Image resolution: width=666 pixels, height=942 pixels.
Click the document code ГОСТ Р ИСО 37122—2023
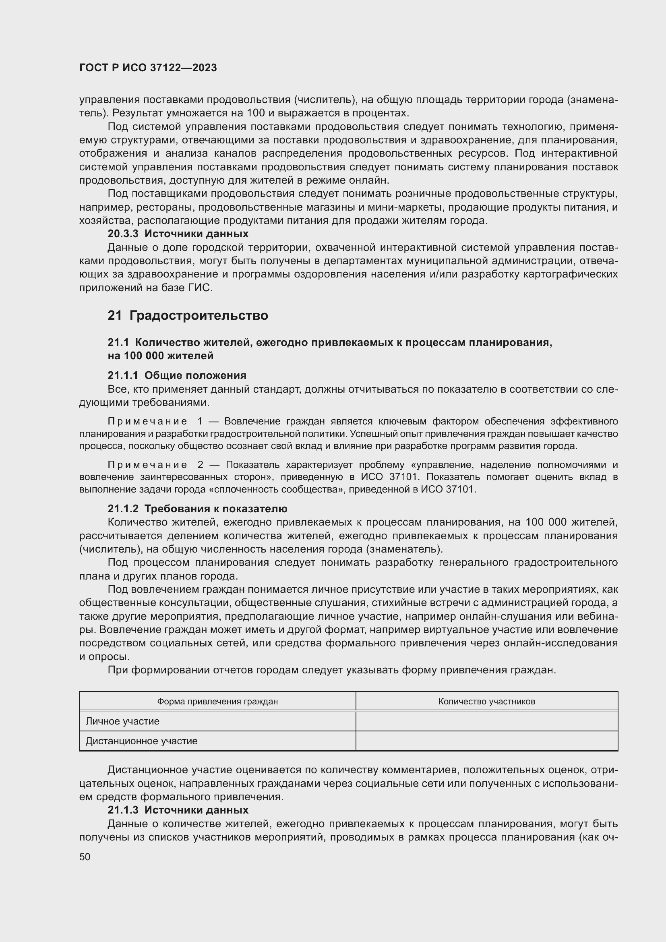pos(148,68)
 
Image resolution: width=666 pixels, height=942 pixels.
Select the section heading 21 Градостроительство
pos(188,315)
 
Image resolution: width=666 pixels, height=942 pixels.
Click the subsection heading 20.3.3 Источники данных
pos(178,234)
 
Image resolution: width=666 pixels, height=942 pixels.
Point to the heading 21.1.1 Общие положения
pos(177,375)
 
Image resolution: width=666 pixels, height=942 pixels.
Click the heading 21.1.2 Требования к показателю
pos(197,509)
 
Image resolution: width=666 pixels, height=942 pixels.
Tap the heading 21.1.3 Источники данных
pos(178,810)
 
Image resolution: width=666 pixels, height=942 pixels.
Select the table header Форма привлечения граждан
pos(217,702)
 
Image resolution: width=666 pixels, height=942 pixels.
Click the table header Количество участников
pos(486,702)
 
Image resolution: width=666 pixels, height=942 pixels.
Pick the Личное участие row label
pos(123,721)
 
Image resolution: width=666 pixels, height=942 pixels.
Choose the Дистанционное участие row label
pos(141,741)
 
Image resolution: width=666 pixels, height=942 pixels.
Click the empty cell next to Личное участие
pos(486,721)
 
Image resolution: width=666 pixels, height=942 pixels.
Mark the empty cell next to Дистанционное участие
pos(486,741)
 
